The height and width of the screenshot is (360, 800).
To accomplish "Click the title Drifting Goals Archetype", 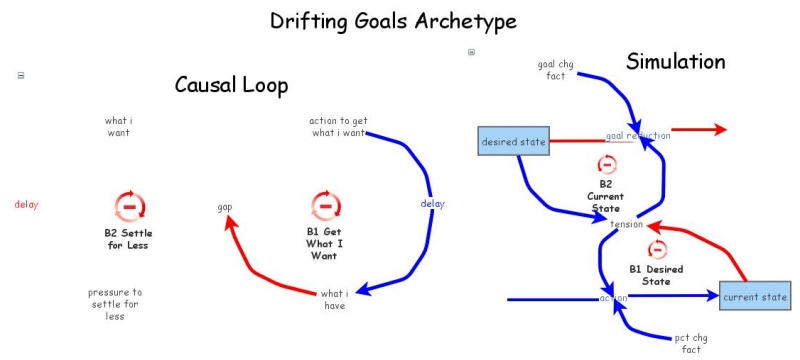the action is [x=400, y=20].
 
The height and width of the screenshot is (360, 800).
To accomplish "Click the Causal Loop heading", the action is [x=231, y=85].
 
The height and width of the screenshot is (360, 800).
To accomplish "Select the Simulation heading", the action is [x=675, y=62].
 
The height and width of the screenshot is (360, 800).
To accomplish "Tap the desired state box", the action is [x=514, y=142].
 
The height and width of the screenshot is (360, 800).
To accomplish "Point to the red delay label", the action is [x=26, y=205].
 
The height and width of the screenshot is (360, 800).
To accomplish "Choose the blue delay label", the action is [x=432, y=205].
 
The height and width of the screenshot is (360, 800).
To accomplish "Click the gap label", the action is [x=225, y=207].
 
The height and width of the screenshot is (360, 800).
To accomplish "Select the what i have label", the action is [x=334, y=299].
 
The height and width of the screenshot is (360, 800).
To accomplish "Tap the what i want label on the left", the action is [x=118, y=127].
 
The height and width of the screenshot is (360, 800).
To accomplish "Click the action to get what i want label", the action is [x=338, y=127].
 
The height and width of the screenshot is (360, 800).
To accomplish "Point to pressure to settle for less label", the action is [x=115, y=304].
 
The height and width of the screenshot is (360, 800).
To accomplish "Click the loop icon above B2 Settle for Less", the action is [x=129, y=206].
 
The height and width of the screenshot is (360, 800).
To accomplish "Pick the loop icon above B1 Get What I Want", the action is [x=324, y=206].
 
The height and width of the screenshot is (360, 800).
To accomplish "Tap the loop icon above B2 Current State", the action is [x=606, y=165].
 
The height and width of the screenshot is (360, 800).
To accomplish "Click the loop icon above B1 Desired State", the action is [x=657, y=249].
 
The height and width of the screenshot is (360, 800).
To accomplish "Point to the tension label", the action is [x=626, y=224].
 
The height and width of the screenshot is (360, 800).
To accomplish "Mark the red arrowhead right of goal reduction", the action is [x=718, y=129].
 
